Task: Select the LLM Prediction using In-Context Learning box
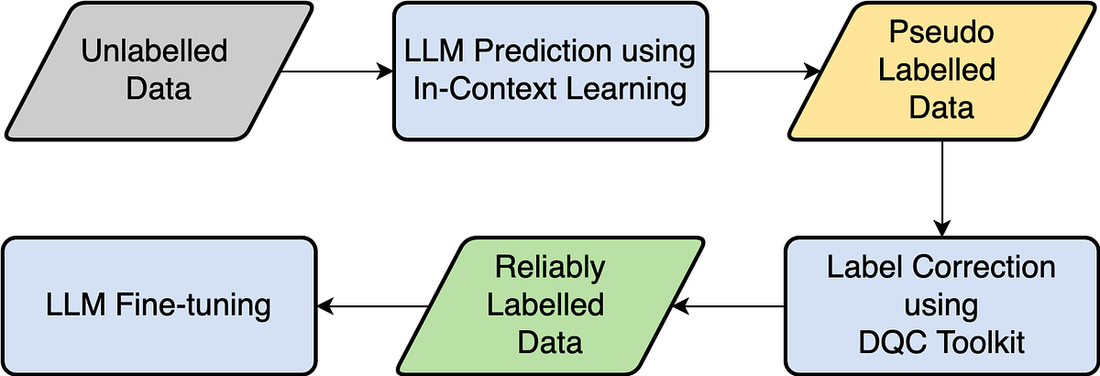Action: (x=550, y=70)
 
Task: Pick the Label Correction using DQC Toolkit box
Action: (x=940, y=304)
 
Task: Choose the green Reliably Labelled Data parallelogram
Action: (x=550, y=304)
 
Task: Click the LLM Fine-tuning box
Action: (x=159, y=304)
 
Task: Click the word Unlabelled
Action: (x=154, y=51)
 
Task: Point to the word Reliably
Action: (x=550, y=267)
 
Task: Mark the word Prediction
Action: (x=542, y=51)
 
